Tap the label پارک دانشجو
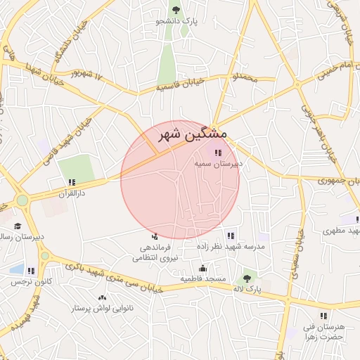pyautogui.click(x=176, y=22)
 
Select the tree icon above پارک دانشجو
pyautogui.click(x=176, y=10)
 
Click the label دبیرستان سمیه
pyautogui.click(x=219, y=163)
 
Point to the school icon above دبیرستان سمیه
pyautogui.click(x=218, y=153)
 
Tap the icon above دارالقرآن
pyautogui.click(x=72, y=182)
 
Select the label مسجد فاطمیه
pyautogui.click(x=203, y=279)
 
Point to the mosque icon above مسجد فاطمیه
pyautogui.click(x=203, y=268)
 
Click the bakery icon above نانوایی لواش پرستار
pyautogui.click(x=103, y=298)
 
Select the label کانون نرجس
pyautogui.click(x=26, y=281)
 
